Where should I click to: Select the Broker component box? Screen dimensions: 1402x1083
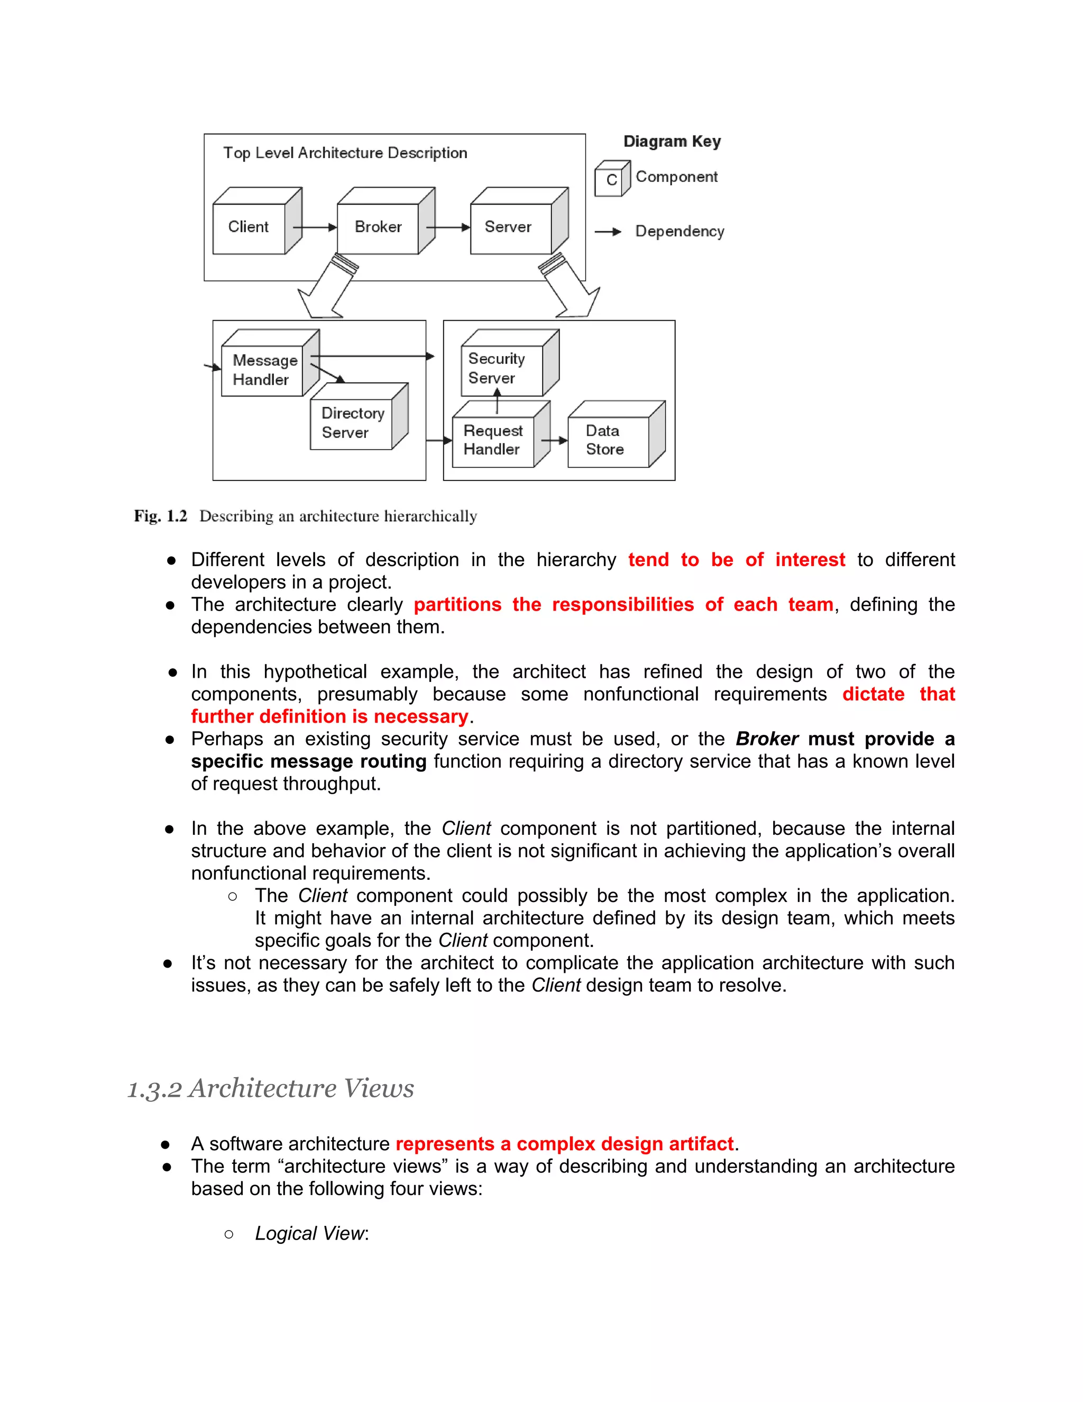pos(379,228)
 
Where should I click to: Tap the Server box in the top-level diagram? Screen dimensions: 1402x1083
pos(509,228)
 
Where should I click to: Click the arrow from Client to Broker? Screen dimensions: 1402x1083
pos(315,227)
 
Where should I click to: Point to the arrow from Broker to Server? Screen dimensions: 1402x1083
pos(448,227)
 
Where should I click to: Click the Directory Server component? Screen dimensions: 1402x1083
pos(351,423)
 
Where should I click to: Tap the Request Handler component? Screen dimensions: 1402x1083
pos(493,440)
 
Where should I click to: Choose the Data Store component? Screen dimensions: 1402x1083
pos(607,440)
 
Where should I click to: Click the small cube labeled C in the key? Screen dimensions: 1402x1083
pos(611,180)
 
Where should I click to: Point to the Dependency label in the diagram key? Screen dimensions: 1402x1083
pos(680,231)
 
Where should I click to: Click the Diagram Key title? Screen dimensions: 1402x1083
pos(672,141)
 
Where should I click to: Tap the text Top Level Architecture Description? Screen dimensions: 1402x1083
pos(345,153)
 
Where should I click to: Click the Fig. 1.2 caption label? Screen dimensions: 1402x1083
pos(160,516)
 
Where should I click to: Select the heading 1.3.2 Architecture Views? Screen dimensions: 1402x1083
pos(271,1089)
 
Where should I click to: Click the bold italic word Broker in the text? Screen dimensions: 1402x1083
pos(767,739)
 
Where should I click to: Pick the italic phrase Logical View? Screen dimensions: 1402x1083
pos(310,1233)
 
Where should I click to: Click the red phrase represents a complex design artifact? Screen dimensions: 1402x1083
pos(565,1144)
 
